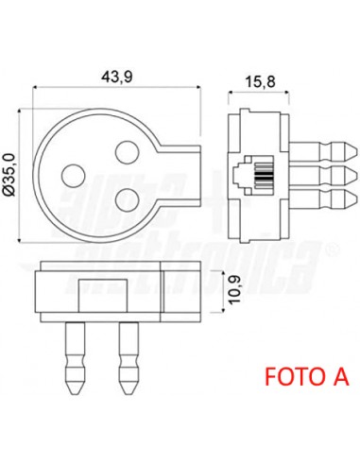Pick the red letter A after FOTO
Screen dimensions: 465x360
click(x=339, y=376)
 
